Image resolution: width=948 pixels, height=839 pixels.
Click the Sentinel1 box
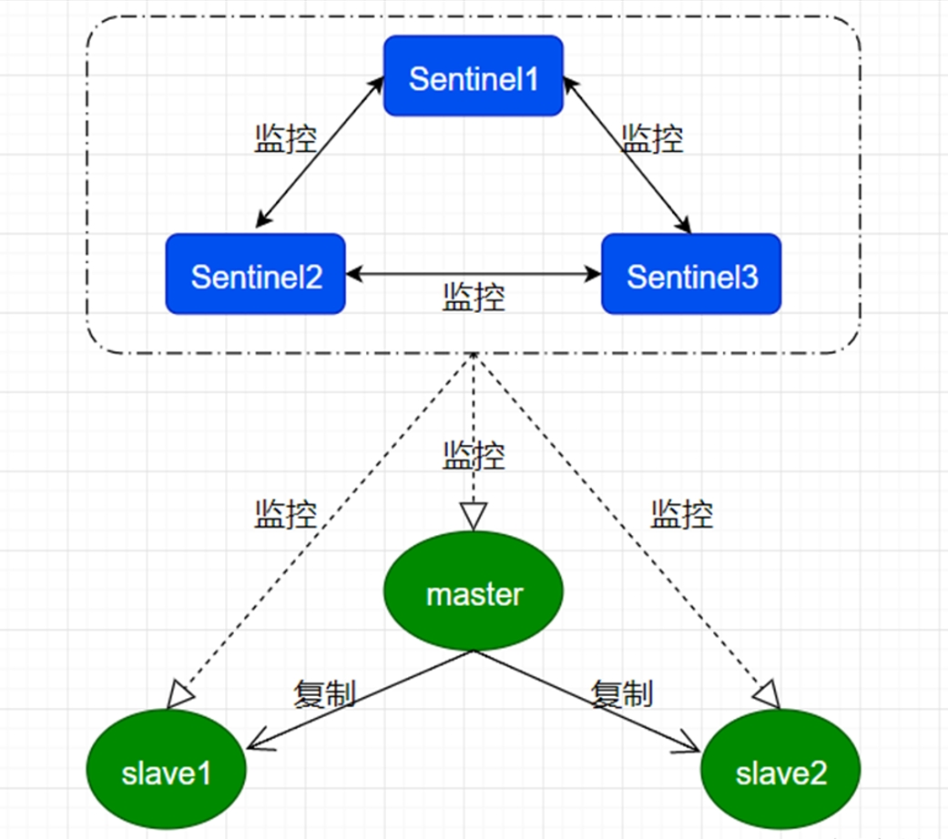click(x=474, y=76)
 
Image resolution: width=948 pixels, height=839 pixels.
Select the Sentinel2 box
click(x=256, y=275)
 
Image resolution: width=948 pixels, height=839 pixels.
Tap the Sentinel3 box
click(x=691, y=275)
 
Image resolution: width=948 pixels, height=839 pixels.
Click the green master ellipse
click(x=474, y=594)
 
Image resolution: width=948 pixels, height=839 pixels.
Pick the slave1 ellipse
click(x=167, y=773)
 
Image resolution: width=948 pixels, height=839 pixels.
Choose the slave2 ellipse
click(x=780, y=773)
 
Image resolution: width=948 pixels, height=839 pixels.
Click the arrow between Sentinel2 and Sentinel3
click(x=474, y=272)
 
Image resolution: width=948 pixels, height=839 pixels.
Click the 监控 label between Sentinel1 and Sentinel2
click(x=285, y=137)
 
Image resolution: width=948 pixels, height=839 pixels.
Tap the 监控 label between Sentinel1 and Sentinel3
click(x=652, y=138)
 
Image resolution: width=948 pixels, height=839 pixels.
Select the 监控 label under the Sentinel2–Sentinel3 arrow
click(x=474, y=298)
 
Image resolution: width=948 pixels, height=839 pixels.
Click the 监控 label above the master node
click(x=474, y=455)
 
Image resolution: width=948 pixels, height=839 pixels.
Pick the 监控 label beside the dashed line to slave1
click(x=285, y=515)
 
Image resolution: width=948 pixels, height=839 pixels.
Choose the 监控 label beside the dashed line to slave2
click(x=681, y=515)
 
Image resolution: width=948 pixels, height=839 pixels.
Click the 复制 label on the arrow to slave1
click(x=323, y=694)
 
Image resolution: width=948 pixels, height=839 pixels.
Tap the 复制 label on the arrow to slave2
click(x=622, y=694)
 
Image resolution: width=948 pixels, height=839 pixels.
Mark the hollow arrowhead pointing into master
click(x=474, y=516)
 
